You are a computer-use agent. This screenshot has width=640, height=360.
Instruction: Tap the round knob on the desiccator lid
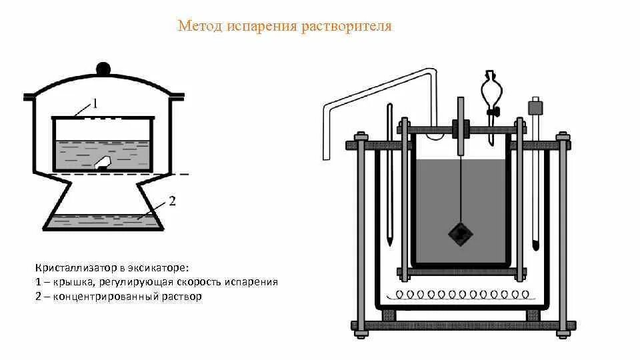click(x=103, y=68)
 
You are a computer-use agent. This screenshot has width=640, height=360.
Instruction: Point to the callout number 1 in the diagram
click(x=94, y=103)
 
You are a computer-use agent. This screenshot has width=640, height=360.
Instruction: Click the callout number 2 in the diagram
click(x=172, y=201)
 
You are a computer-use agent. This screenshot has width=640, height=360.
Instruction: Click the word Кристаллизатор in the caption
click(x=77, y=267)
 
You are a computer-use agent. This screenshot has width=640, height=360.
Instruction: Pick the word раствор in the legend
click(x=180, y=297)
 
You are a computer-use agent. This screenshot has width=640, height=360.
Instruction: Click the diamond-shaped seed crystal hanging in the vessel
click(x=460, y=232)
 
